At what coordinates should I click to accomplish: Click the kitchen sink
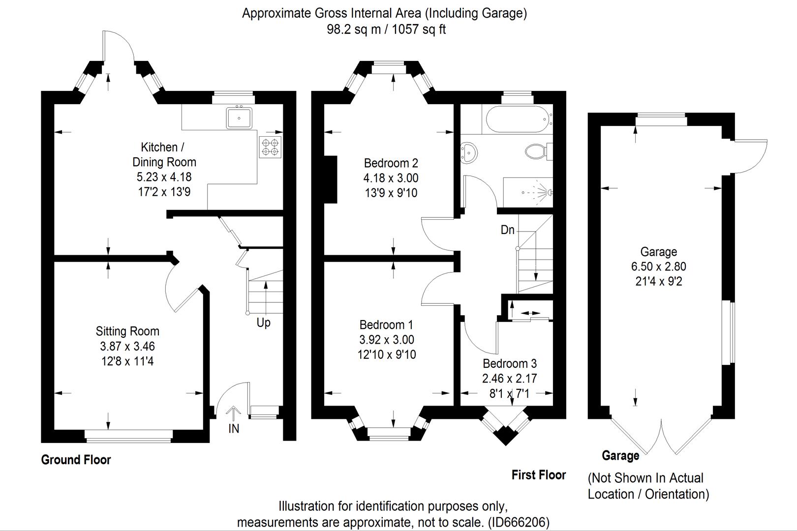pos(239,118)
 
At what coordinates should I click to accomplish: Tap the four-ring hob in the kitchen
pos(270,147)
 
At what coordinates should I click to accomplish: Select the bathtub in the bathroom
pos(518,119)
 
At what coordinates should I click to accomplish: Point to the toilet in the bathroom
pos(538,151)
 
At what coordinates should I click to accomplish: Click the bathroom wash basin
pos(468,153)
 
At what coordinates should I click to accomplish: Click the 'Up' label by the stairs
pos(263,323)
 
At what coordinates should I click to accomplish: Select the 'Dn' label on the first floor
pos(507,230)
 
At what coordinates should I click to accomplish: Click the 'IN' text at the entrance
pos(233,429)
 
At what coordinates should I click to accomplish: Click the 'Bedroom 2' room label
pos(391,163)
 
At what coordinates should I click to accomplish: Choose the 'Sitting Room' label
pos(127,331)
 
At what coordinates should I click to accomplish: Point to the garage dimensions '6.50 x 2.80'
pos(659,266)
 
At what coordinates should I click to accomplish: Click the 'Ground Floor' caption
pos(76,460)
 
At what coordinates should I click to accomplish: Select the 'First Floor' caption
pos(539,475)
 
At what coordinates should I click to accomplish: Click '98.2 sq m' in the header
pos(354,29)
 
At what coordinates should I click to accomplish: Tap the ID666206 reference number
pos(519,522)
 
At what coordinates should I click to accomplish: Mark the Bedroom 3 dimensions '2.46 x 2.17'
pos(510,379)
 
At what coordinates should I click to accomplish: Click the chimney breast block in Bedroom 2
pos(331,179)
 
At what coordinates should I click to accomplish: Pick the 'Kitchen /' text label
pos(162,147)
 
